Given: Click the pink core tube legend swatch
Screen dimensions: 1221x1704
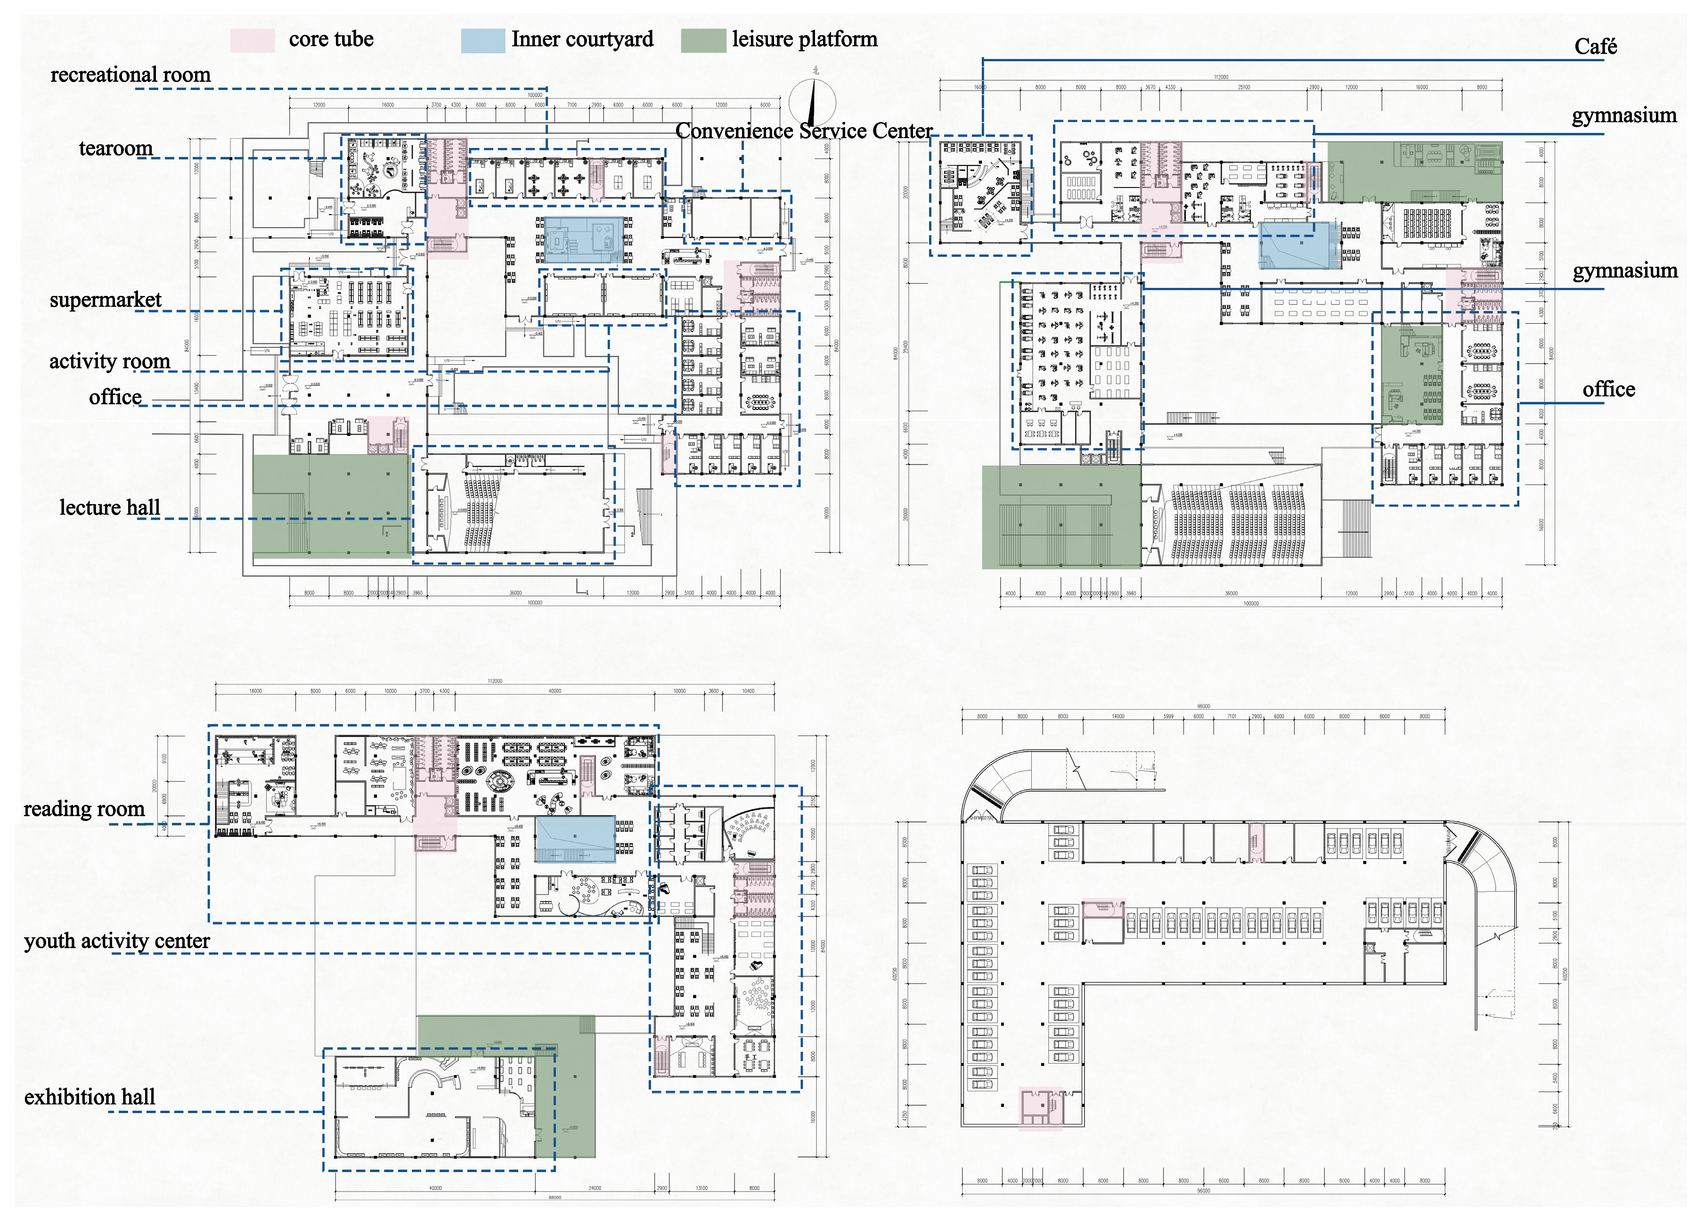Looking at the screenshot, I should tap(253, 40).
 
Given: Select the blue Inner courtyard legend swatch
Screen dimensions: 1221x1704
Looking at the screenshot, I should tap(482, 40).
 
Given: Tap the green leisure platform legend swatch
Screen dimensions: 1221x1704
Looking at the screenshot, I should tap(703, 40).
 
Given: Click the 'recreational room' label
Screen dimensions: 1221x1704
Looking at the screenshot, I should tap(130, 74).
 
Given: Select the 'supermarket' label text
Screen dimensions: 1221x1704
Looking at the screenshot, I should tap(105, 300).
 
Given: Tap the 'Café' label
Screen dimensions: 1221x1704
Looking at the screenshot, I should tap(1595, 47).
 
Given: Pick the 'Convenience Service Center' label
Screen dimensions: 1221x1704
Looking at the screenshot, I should tap(803, 131).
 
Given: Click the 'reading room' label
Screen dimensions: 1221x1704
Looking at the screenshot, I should tap(83, 809).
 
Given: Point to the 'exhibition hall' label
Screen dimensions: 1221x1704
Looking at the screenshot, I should tap(90, 1097).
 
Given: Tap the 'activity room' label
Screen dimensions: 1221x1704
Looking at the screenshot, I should tap(110, 361).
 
